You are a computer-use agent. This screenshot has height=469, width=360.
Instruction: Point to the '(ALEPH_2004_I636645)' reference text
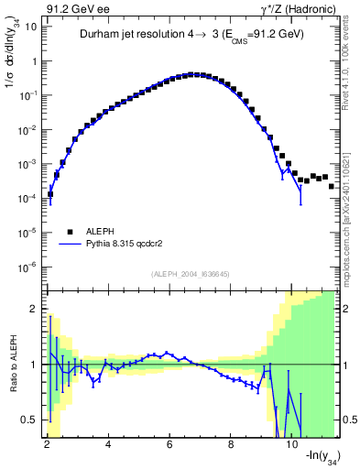pyautogui.click(x=191, y=274)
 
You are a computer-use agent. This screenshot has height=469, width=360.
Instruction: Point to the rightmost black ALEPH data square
pyautogui.click(x=331, y=186)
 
